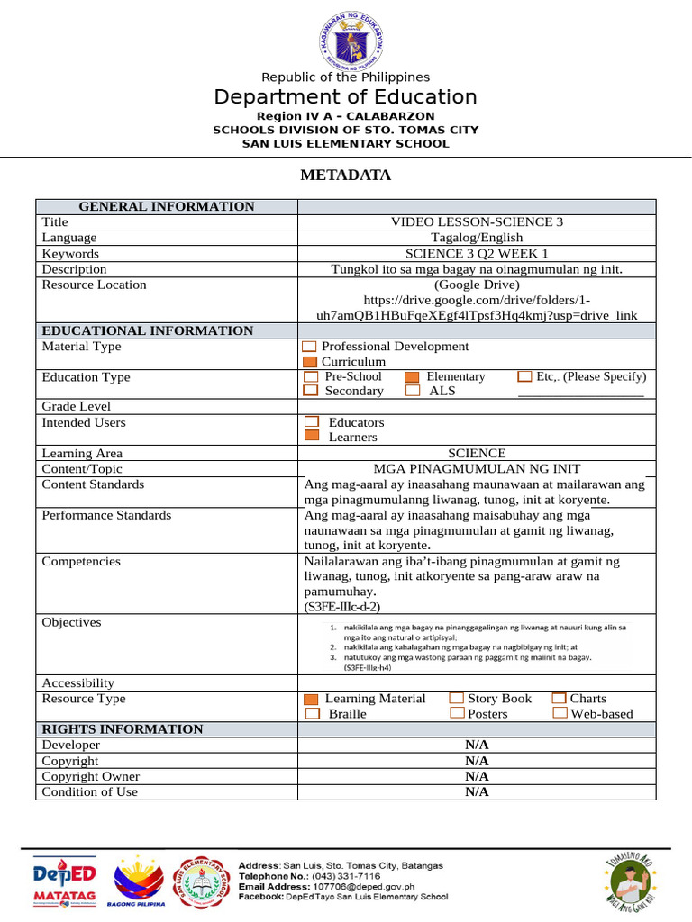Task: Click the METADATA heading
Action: pyautogui.click(x=345, y=176)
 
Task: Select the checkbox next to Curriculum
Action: pyautogui.click(x=310, y=362)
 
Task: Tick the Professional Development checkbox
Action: pyautogui.click(x=310, y=347)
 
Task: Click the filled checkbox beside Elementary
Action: pyautogui.click(x=412, y=377)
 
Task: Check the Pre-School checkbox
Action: pyautogui.click(x=311, y=377)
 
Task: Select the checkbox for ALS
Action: pyautogui.click(x=413, y=392)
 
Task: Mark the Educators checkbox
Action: pyautogui.click(x=312, y=422)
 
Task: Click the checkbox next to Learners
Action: pyautogui.click(x=312, y=437)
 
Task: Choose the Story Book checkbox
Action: pyautogui.click(x=456, y=699)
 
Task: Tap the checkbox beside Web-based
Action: pyautogui.click(x=560, y=714)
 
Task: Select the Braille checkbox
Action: pyautogui.click(x=312, y=714)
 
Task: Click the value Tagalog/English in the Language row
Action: pyautogui.click(x=476, y=238)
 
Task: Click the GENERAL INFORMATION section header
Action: pyautogui.click(x=167, y=207)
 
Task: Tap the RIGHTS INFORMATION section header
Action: pyautogui.click(x=123, y=729)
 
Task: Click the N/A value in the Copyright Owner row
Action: pyautogui.click(x=477, y=776)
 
